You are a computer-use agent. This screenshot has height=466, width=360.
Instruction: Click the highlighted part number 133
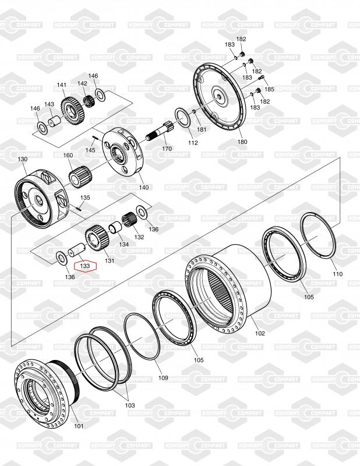[85, 266]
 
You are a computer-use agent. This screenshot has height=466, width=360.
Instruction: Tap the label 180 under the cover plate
[242, 142]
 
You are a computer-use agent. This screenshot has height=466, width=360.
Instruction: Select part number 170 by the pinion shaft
[167, 149]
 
